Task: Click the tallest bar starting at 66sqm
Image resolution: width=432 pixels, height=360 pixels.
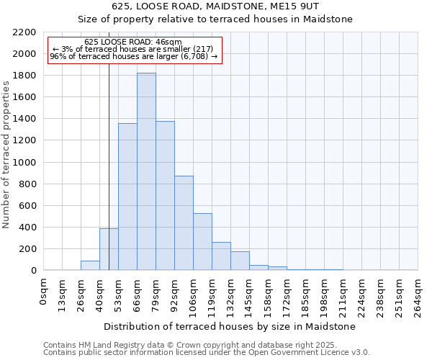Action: pos(146,173)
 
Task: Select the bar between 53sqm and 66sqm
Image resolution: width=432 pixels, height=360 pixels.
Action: pos(127,198)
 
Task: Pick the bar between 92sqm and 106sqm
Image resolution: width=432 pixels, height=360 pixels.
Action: pos(184,223)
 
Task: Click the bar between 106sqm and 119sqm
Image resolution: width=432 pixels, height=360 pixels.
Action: pos(202,242)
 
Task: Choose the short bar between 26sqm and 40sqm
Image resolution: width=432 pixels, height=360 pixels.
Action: pos(90,266)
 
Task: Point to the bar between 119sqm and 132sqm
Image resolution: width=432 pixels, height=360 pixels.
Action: pos(221,256)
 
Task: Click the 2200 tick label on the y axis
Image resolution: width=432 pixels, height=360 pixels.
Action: pos(24,32)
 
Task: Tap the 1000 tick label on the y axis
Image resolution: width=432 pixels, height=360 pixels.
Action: pos(24,163)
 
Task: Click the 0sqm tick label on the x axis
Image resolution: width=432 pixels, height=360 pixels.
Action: pos(44,289)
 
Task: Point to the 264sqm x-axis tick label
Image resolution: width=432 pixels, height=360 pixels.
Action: pos(418,293)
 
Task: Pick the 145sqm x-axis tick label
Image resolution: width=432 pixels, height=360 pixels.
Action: pos(250,293)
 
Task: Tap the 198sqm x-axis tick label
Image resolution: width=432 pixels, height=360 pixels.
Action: pos(325,293)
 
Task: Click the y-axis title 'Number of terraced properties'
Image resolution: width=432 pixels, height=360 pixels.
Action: pos(7,154)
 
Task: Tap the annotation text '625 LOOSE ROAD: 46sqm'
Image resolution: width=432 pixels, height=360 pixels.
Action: pos(133,42)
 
